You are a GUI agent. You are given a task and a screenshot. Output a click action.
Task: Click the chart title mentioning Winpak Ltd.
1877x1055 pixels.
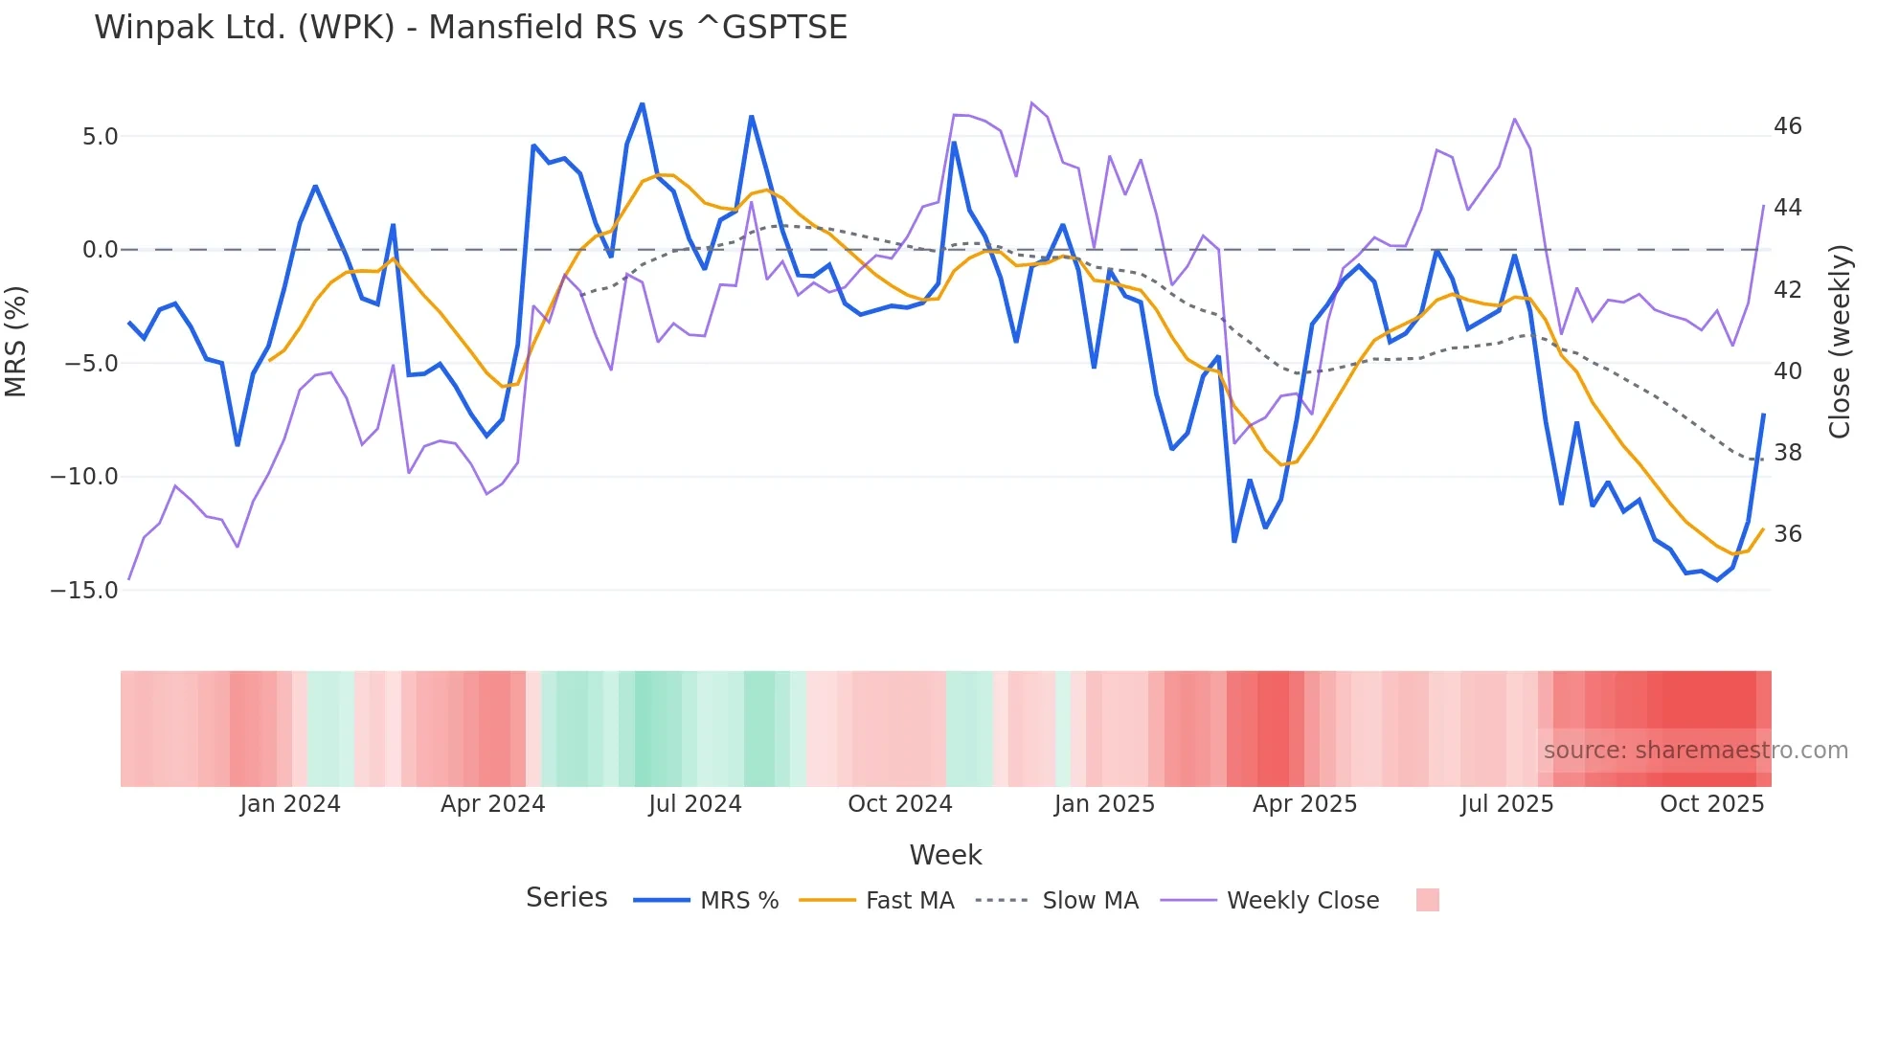470,28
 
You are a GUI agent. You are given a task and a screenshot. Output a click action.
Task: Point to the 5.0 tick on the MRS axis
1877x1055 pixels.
100,137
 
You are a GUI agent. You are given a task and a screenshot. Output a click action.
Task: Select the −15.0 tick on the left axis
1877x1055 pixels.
85,591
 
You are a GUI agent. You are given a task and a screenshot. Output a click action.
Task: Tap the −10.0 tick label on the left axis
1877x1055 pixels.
85,477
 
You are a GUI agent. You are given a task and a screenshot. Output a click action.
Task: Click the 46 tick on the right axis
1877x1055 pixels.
1787,126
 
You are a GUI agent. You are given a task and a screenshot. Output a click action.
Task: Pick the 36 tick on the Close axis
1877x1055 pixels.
1787,534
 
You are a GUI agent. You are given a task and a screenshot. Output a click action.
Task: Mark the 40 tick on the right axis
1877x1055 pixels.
1787,371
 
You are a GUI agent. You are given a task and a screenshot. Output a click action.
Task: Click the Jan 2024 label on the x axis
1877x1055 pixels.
290,804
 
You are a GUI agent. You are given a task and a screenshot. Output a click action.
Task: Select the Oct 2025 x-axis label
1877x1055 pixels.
1711,804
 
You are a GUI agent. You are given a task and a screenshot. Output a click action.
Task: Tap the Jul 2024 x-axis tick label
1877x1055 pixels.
695,804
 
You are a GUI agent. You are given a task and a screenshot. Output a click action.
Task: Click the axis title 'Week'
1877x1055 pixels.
945,855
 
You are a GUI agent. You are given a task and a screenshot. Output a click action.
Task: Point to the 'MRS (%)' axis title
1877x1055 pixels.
16,341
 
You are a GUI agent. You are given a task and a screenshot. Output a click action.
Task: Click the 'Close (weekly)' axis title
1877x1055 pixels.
1839,342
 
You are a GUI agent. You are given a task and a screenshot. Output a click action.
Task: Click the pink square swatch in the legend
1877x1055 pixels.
1427,900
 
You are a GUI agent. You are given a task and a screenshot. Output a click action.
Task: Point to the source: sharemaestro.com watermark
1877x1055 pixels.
1695,751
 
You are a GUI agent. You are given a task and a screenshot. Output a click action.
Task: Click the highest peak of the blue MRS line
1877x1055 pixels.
642,103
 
